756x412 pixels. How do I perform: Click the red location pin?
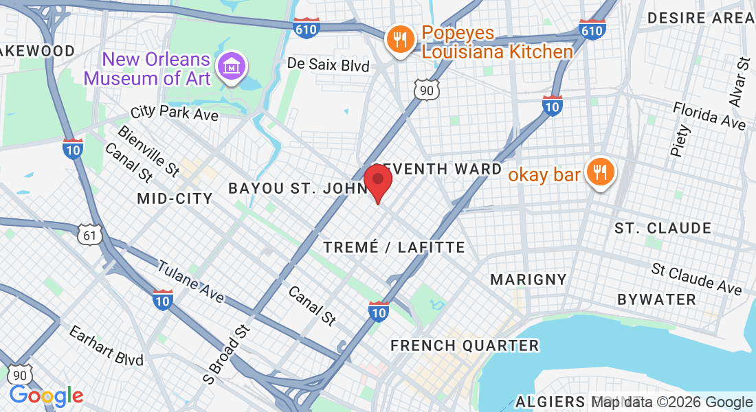pyautogui.click(x=377, y=181)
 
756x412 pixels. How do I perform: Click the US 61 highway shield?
pyautogui.click(x=91, y=235)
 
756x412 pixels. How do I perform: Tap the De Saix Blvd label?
pyautogui.click(x=328, y=65)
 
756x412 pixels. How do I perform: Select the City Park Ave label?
pyautogui.click(x=175, y=112)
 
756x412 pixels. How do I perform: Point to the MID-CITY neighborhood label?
pyautogui.click(x=175, y=198)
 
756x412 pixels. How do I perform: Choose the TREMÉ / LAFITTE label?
pyautogui.click(x=394, y=247)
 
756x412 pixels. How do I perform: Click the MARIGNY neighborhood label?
pyautogui.click(x=529, y=279)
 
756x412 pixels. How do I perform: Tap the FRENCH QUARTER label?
pyautogui.click(x=465, y=345)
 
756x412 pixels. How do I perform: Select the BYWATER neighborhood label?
pyautogui.click(x=656, y=299)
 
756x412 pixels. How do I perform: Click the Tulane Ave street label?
pyautogui.click(x=190, y=281)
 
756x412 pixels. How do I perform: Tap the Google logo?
pyautogui.click(x=46, y=395)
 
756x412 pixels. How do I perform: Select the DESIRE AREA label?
pyautogui.click(x=700, y=18)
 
